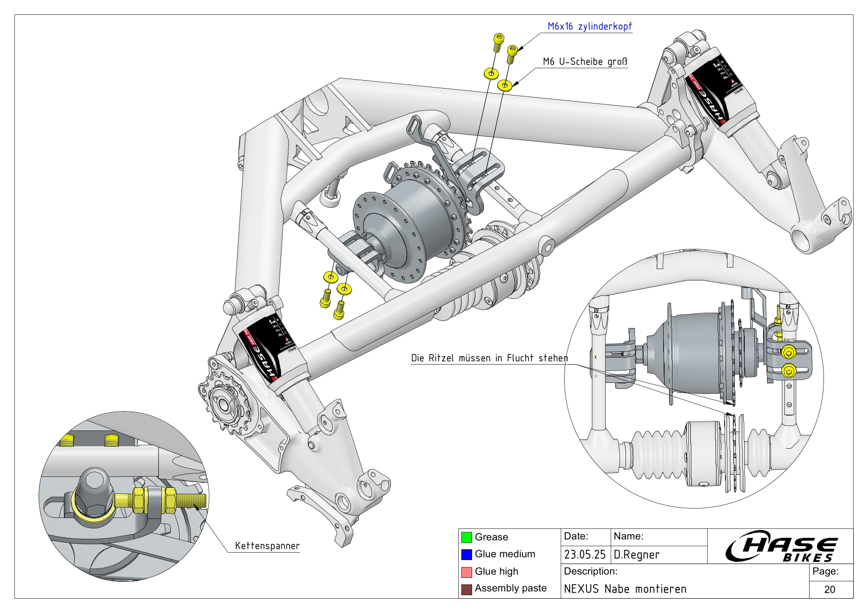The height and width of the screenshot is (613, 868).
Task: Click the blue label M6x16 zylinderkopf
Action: (589, 27)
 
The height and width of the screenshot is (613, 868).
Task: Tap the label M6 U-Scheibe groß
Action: (585, 62)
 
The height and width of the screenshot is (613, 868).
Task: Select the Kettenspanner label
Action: (267, 546)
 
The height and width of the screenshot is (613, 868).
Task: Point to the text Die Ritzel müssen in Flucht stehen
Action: (489, 358)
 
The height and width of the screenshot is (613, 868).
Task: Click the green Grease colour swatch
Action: (466, 537)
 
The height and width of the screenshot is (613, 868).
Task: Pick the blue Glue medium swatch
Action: (466, 554)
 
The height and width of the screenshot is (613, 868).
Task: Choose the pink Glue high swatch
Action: (466, 571)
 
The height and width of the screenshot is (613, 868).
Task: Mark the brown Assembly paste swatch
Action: (466, 589)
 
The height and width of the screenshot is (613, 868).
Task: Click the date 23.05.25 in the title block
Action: (585, 555)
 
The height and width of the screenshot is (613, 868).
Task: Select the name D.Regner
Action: (636, 555)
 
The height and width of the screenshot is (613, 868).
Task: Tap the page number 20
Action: (830, 589)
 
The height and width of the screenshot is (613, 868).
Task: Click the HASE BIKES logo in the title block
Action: (780, 547)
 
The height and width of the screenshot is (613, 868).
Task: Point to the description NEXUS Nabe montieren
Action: (625, 589)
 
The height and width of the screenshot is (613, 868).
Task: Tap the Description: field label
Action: (590, 571)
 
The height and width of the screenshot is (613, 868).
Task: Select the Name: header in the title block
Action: (628, 536)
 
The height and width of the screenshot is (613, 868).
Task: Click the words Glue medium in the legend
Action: (505, 554)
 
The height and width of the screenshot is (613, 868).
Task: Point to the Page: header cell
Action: (825, 571)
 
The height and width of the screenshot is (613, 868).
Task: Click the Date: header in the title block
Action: (576, 536)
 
